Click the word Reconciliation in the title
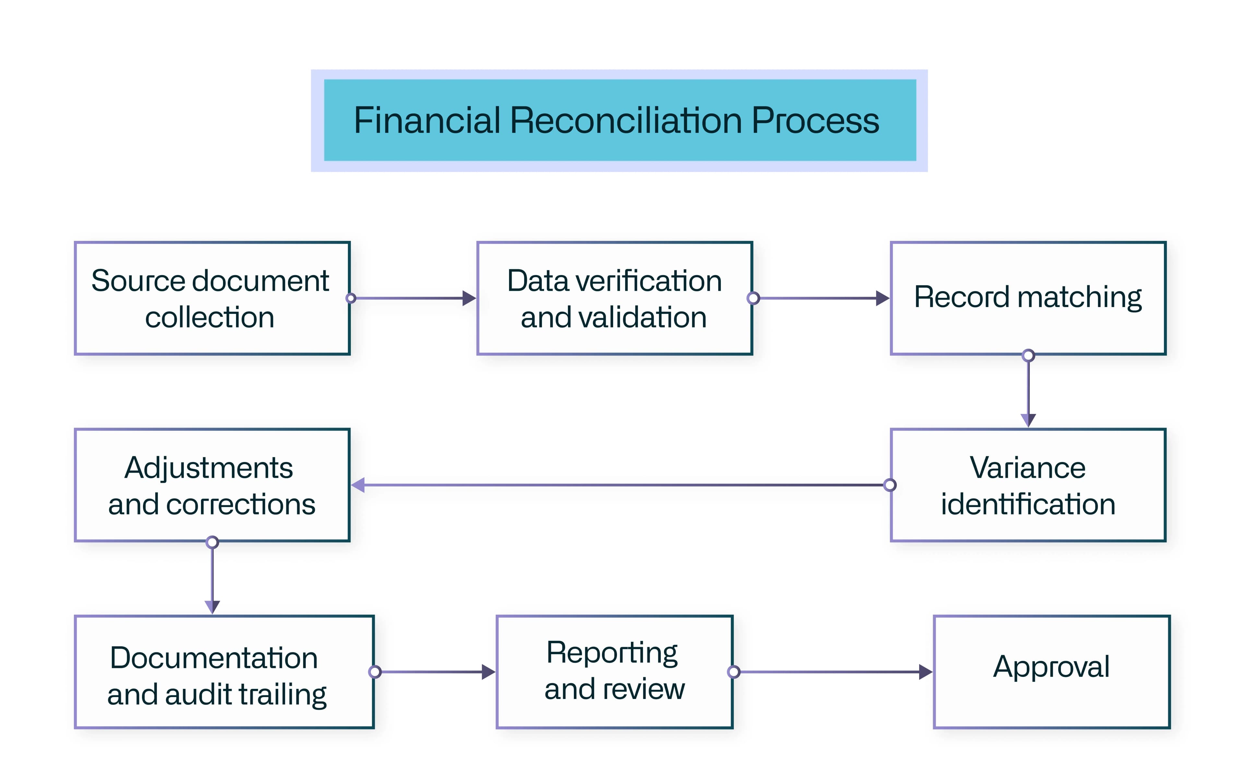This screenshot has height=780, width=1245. [x=626, y=121]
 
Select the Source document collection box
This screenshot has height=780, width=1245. [x=212, y=298]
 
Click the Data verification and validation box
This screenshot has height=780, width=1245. [x=614, y=298]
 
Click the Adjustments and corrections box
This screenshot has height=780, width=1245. [x=212, y=485]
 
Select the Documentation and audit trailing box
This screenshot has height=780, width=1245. [x=224, y=672]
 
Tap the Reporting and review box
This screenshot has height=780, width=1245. [x=614, y=672]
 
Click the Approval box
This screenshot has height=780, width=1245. [x=1051, y=672]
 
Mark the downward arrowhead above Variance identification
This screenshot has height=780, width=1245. [x=1028, y=420]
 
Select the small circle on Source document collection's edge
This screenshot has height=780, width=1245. [x=351, y=298]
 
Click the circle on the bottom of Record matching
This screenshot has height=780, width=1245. [x=1028, y=355]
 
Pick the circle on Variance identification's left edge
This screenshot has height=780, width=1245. [x=890, y=485]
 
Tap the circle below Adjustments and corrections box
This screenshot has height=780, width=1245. [x=212, y=542]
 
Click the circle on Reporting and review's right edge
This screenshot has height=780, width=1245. [x=733, y=672]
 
